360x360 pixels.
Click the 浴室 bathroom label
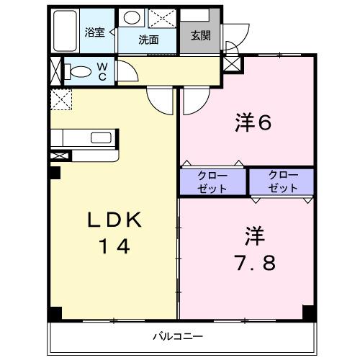[94, 32]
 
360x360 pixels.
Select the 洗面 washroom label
[149, 40]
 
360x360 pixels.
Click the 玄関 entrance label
[201, 35]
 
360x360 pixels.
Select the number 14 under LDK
[113, 247]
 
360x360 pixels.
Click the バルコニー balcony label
[178, 336]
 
